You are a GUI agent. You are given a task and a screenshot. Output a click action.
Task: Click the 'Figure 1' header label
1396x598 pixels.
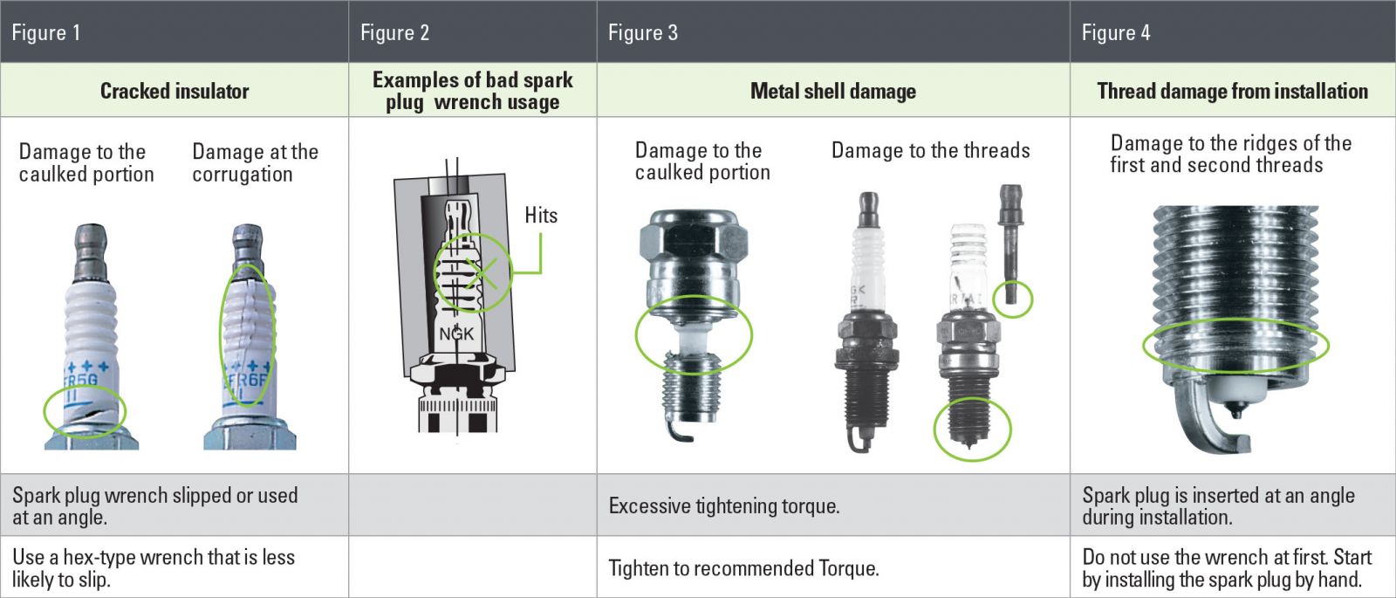pos(45,32)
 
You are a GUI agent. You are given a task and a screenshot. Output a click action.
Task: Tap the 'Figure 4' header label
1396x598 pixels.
pos(1116,32)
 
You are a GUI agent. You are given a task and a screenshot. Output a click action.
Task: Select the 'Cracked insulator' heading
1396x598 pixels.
pos(174,91)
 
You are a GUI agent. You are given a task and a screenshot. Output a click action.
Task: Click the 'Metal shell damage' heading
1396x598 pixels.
pos(833,91)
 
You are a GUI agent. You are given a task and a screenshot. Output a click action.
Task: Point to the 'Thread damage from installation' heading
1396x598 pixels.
pos(1233,91)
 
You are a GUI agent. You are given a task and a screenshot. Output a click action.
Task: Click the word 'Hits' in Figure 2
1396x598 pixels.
pos(541,215)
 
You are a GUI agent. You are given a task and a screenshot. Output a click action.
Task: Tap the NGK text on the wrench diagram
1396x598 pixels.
pos(456,333)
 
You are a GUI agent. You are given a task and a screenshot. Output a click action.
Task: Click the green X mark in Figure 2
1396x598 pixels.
pos(481,273)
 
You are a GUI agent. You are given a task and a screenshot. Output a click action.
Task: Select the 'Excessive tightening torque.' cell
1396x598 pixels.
pos(724,505)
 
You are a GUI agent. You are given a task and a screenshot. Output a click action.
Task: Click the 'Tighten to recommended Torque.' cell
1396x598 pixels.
pos(743,568)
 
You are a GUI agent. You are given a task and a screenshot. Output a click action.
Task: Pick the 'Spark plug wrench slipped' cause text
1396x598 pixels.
pos(154,505)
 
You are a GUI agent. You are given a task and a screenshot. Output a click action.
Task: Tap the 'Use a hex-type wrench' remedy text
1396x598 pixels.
pos(154,568)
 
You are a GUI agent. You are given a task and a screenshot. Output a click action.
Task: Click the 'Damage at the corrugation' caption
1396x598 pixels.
pos(255,162)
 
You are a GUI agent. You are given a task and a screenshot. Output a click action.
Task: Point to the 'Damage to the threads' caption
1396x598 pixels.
pos(930,150)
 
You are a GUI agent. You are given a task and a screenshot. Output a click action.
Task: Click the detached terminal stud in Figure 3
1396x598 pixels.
pos(1010,244)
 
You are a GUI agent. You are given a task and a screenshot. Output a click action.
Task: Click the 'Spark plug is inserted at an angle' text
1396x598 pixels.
pos(1218,505)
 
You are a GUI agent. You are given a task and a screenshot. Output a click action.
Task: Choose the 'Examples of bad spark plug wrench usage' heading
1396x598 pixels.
pos(472,91)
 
